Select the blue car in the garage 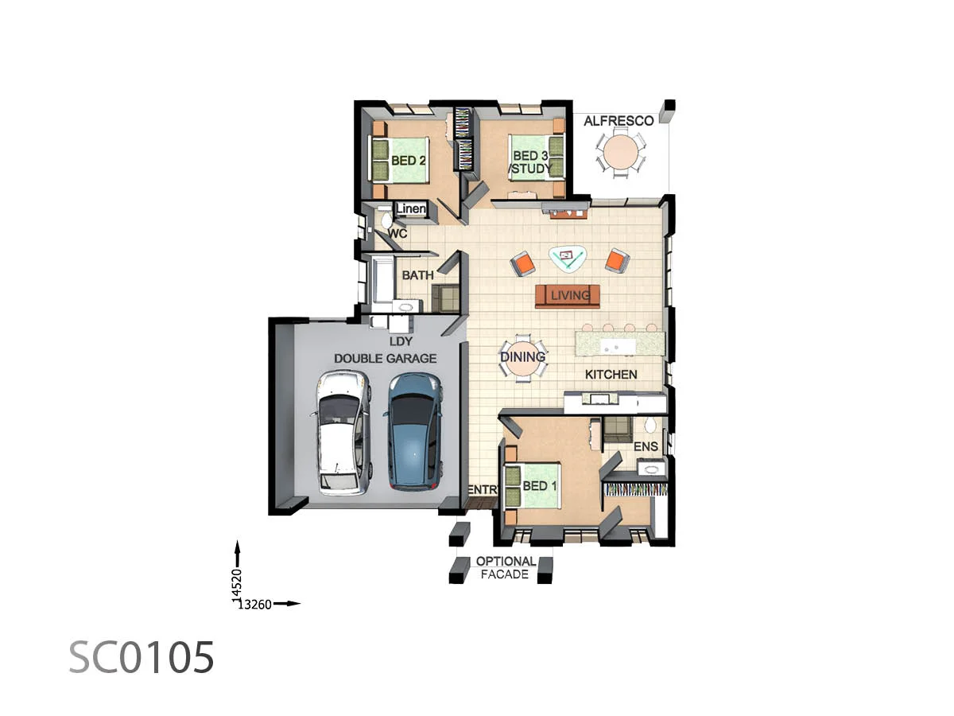point(413,430)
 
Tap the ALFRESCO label point(619,121)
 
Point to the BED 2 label point(409,161)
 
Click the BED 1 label point(540,486)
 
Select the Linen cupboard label point(411,209)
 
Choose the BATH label point(417,275)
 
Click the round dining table point(522,358)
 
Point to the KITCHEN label point(611,374)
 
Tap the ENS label point(646,446)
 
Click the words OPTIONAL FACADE point(506,567)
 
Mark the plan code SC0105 point(142,658)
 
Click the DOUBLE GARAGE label point(385,358)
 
